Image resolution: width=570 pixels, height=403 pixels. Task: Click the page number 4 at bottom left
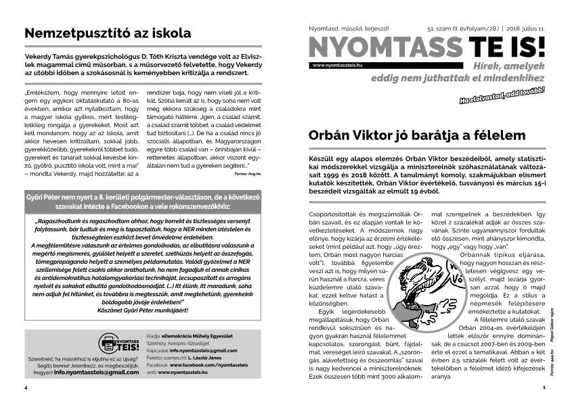click(x=25, y=388)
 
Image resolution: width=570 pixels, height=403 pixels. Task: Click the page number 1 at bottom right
click(x=544, y=388)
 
